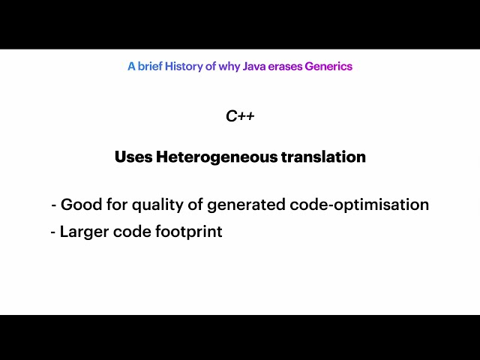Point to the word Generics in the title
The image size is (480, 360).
point(328,66)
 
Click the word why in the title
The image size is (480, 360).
point(229,66)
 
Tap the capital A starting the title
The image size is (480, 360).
point(131,66)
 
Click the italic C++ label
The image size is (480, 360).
point(240,116)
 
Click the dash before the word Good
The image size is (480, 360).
point(54,205)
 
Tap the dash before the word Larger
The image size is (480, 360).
point(53,232)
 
